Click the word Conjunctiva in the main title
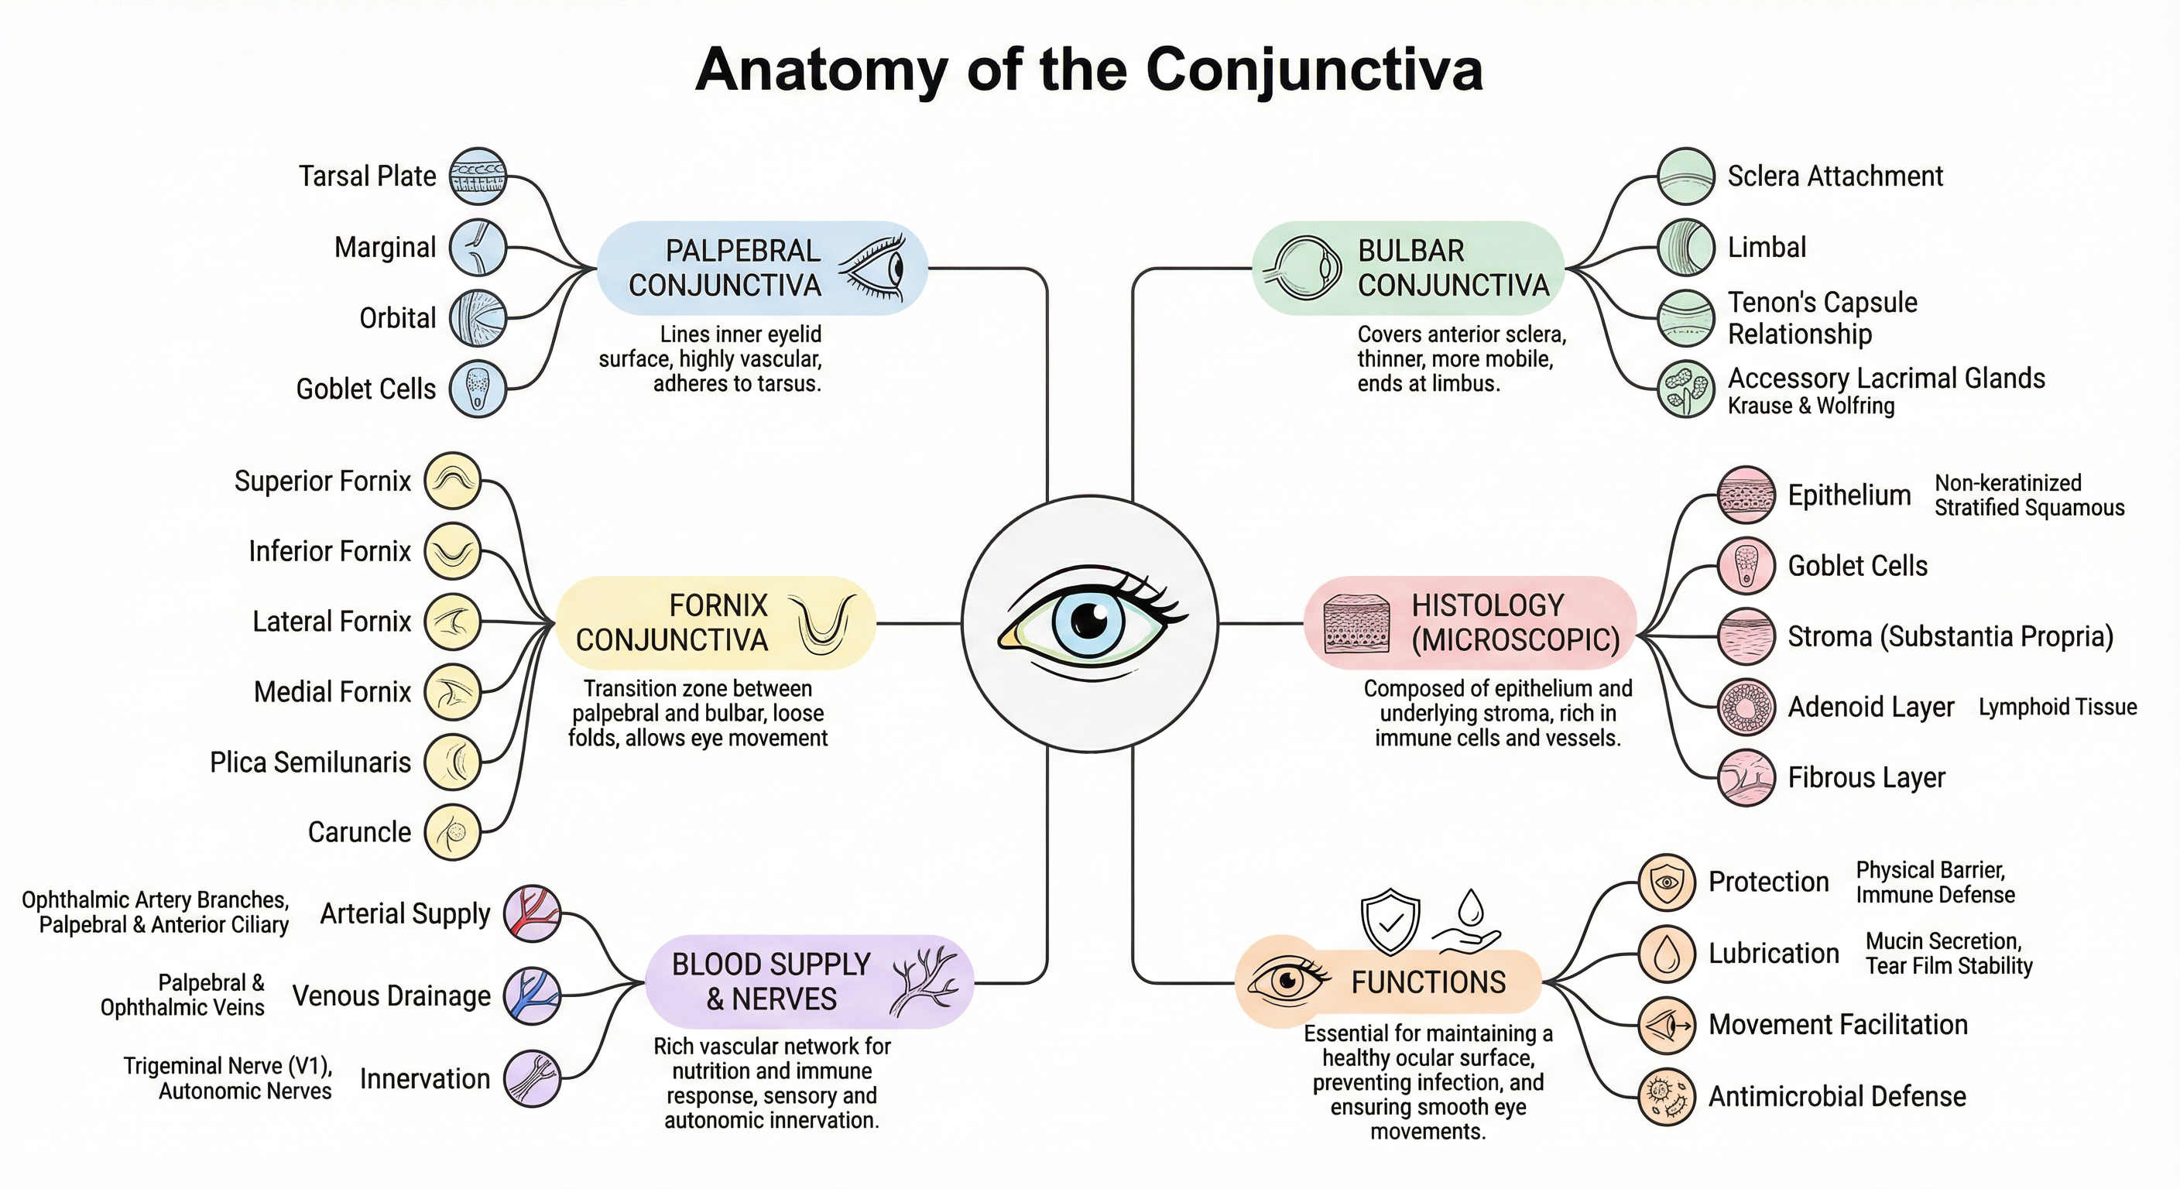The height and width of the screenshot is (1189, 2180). coord(1314,70)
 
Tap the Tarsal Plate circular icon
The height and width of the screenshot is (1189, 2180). coord(478,176)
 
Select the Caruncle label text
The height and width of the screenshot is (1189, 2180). coord(359,833)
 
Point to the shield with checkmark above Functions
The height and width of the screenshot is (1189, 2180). coord(1390,920)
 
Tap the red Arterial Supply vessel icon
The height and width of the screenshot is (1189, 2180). coord(533,914)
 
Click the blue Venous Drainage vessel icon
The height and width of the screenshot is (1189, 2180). coord(533,996)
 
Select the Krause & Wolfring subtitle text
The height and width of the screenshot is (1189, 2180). coord(1811,406)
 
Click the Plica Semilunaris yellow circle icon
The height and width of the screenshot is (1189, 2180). coord(452,762)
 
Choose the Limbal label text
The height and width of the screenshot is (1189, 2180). coord(1767,247)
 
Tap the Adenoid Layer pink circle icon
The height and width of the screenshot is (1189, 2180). coord(1746,707)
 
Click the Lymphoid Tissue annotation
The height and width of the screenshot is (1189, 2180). coord(2057,707)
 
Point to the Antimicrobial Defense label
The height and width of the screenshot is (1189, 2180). coord(1837,1097)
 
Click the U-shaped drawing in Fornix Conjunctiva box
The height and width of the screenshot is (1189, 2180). coord(821,625)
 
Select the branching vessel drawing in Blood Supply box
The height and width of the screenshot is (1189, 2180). coord(924,982)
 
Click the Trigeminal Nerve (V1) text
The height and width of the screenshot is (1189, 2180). coord(228,1065)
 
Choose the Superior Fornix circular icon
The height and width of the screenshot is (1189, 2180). coord(452,481)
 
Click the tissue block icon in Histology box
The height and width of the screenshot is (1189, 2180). coord(1356,624)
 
